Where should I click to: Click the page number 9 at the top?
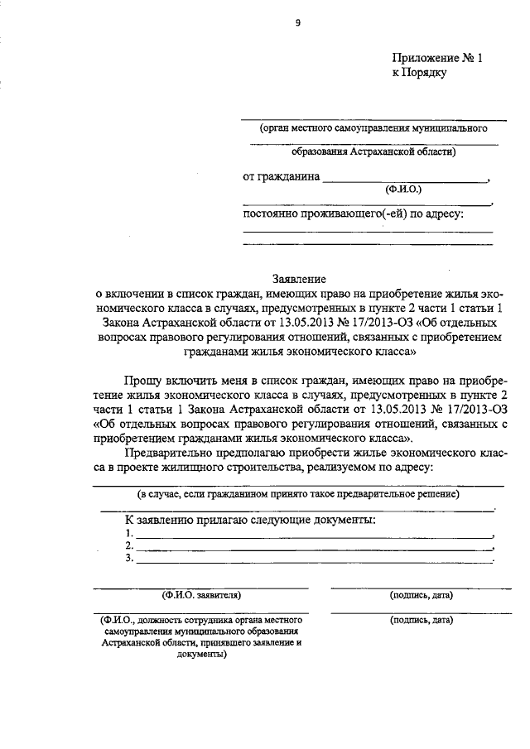298,22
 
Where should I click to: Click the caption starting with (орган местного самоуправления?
372,129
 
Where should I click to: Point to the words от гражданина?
280,177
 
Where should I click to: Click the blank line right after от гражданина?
405,180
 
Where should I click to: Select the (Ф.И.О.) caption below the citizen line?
403,190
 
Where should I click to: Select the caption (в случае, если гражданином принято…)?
299,494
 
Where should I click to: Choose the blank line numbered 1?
315,535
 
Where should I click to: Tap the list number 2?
128,546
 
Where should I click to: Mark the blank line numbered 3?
315,560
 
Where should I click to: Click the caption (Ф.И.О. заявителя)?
201,595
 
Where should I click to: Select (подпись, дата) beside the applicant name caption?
421,595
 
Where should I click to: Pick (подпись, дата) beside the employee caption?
421,619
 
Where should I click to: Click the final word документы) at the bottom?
202,654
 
